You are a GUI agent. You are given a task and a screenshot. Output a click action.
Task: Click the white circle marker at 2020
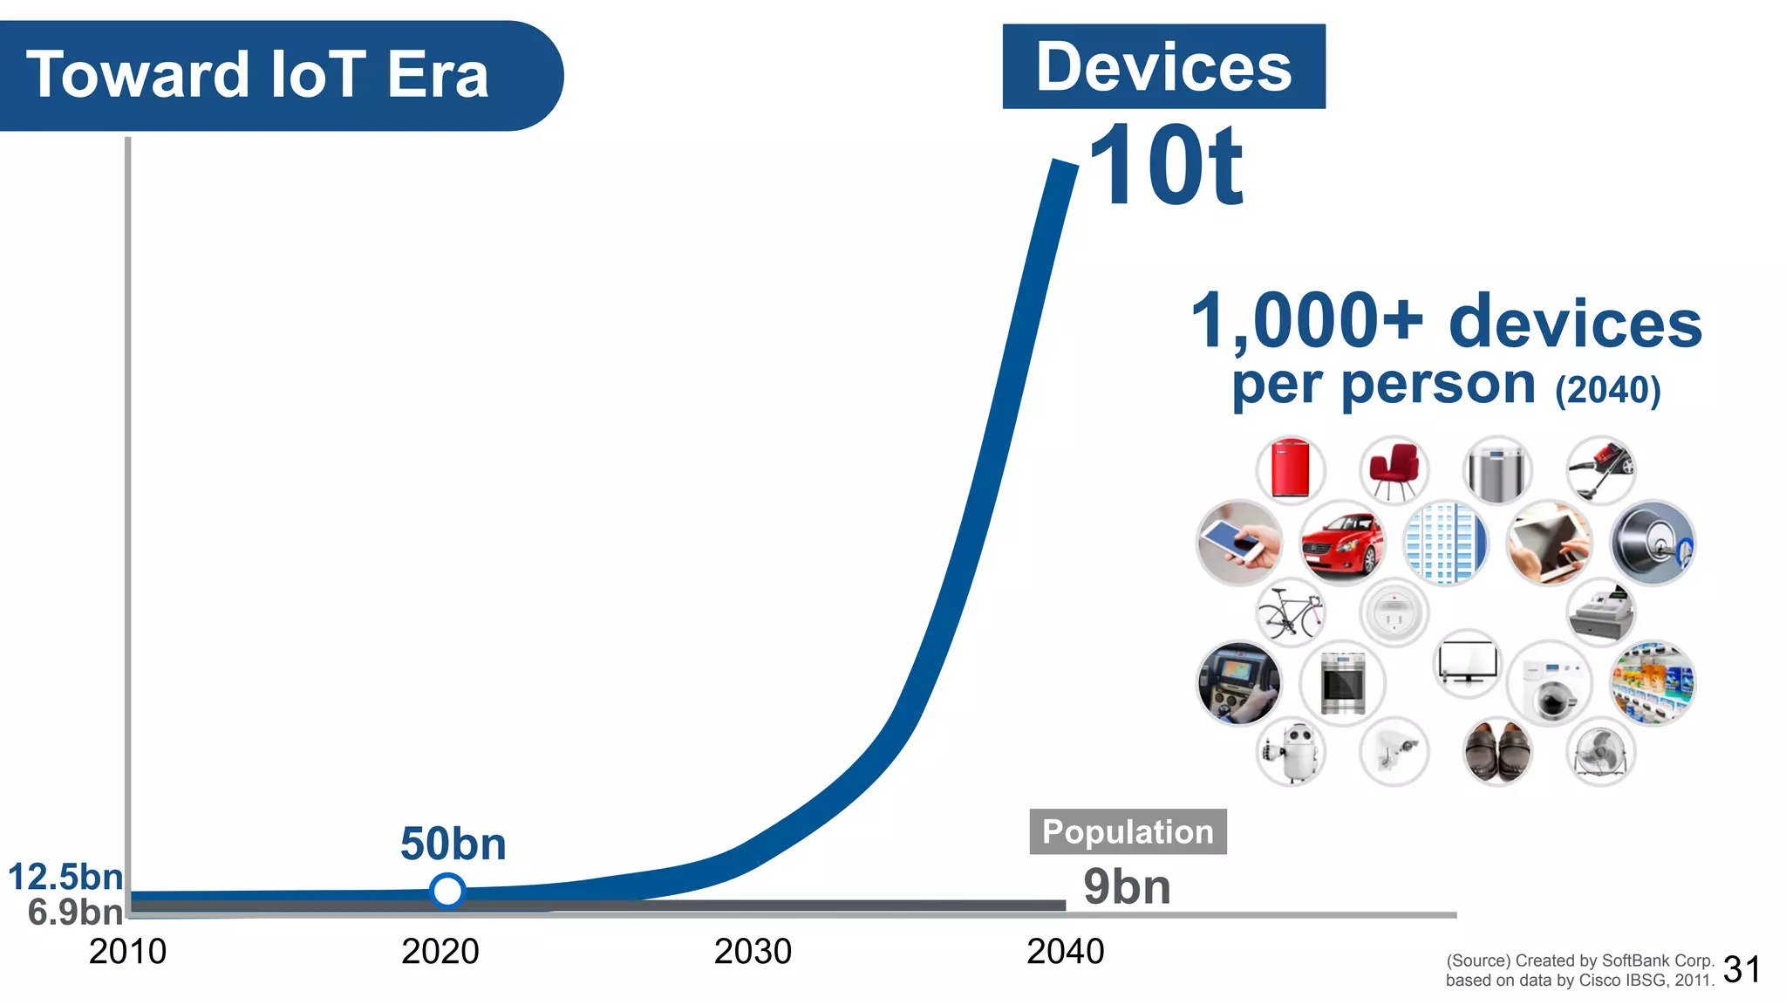point(447,891)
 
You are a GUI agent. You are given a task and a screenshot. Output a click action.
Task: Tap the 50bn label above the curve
point(453,844)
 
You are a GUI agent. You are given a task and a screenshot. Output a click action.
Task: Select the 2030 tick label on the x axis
point(753,951)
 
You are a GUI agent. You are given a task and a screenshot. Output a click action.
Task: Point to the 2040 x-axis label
point(1065,951)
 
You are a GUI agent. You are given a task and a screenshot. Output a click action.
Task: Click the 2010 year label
point(127,951)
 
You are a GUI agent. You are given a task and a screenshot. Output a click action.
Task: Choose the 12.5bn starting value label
point(65,877)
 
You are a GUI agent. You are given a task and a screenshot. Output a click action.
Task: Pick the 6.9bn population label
point(75,913)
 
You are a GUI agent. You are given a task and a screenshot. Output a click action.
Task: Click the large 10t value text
point(1166,166)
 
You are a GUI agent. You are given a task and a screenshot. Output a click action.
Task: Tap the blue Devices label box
point(1163,67)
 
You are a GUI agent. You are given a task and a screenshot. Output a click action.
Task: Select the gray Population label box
point(1128,831)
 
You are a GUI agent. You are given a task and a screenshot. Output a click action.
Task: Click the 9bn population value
point(1127,887)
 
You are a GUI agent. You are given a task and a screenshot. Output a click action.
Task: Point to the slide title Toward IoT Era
point(257,75)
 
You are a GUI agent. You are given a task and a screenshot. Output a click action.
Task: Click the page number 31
point(1742,969)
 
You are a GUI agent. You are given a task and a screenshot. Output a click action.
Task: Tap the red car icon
point(1342,544)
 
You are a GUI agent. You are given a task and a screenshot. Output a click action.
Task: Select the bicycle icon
point(1291,612)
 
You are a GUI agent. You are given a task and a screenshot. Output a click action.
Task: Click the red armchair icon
point(1394,471)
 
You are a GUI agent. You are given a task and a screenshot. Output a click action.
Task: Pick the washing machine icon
point(1550,684)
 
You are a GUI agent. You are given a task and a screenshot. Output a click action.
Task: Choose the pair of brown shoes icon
point(1496,752)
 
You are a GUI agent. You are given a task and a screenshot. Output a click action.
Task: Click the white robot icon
point(1291,752)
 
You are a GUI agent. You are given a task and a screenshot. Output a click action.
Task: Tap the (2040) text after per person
point(1608,390)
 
